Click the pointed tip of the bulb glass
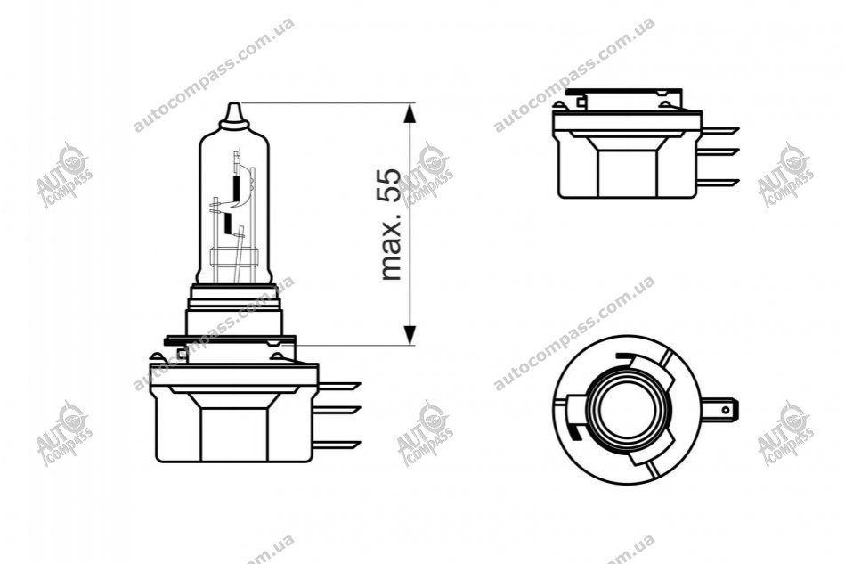(233, 103)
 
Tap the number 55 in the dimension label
(391, 186)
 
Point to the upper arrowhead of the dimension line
(410, 112)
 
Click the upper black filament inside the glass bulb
(236, 185)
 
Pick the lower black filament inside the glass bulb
(228, 221)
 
